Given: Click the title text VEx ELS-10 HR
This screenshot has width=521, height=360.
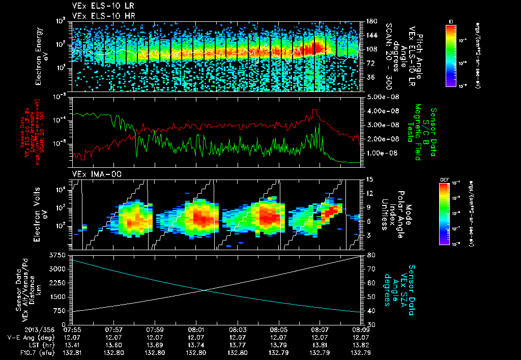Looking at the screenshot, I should (x=99, y=16).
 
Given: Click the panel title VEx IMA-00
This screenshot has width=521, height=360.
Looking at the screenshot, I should (x=93, y=174).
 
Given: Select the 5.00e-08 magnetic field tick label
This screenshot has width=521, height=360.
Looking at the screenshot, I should (x=380, y=97).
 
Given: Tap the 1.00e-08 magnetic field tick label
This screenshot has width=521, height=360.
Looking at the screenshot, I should (x=380, y=153).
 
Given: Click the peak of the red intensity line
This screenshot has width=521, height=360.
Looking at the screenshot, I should (x=315, y=110).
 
